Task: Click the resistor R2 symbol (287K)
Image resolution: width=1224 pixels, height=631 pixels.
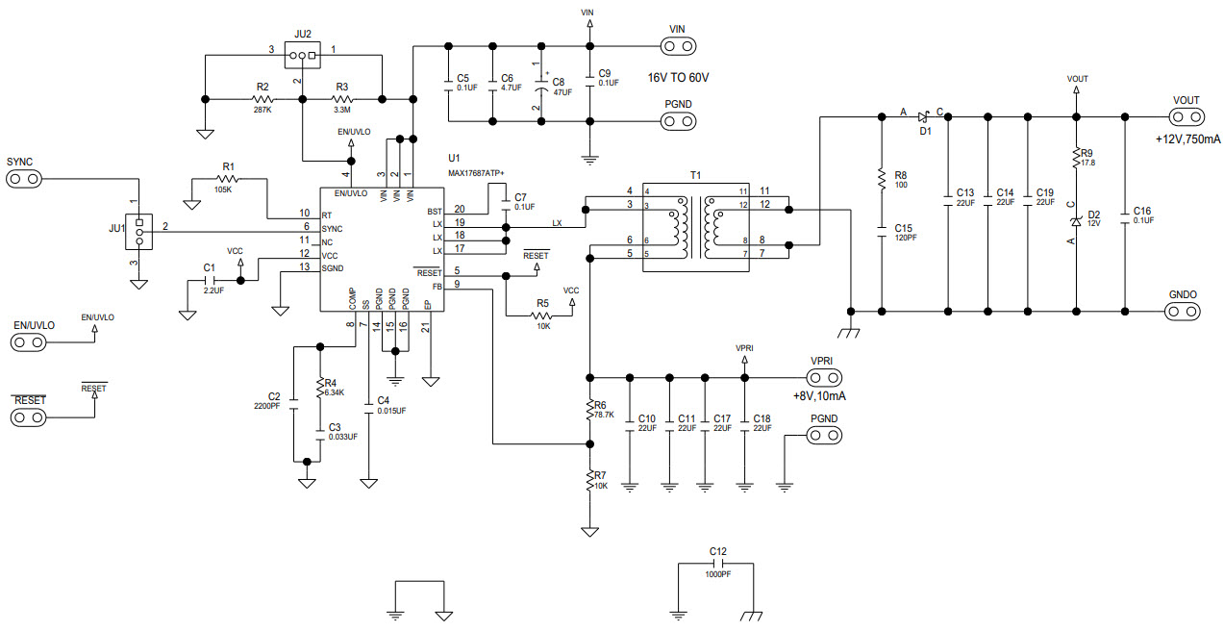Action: pyautogui.click(x=262, y=99)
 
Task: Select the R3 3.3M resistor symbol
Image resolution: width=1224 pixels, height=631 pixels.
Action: pyautogui.click(x=342, y=99)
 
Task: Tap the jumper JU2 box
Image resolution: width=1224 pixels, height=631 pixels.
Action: pyautogui.click(x=303, y=56)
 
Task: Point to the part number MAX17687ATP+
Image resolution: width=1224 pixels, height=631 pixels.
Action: pyautogui.click(x=476, y=172)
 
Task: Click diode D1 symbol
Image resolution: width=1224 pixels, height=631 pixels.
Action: pyautogui.click(x=922, y=117)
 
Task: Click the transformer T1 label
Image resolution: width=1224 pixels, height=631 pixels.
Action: pyautogui.click(x=696, y=176)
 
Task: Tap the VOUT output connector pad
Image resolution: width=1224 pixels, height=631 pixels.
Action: pyautogui.click(x=1187, y=117)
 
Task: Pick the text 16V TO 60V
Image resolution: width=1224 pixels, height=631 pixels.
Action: pyautogui.click(x=686, y=78)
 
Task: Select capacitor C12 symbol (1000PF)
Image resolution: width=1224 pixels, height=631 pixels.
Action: pyautogui.click(x=716, y=564)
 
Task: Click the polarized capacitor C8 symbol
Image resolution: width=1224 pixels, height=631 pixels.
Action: pyautogui.click(x=541, y=88)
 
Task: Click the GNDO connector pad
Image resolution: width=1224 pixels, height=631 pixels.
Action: pyautogui.click(x=1183, y=311)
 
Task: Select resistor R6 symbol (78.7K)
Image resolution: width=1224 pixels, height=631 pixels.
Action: pyautogui.click(x=589, y=411)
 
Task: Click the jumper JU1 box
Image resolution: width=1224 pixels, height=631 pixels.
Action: pyautogui.click(x=139, y=231)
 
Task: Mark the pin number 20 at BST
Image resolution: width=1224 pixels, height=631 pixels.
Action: pyautogui.click(x=459, y=210)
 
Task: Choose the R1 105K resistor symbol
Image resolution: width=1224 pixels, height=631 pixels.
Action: pyautogui.click(x=228, y=179)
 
